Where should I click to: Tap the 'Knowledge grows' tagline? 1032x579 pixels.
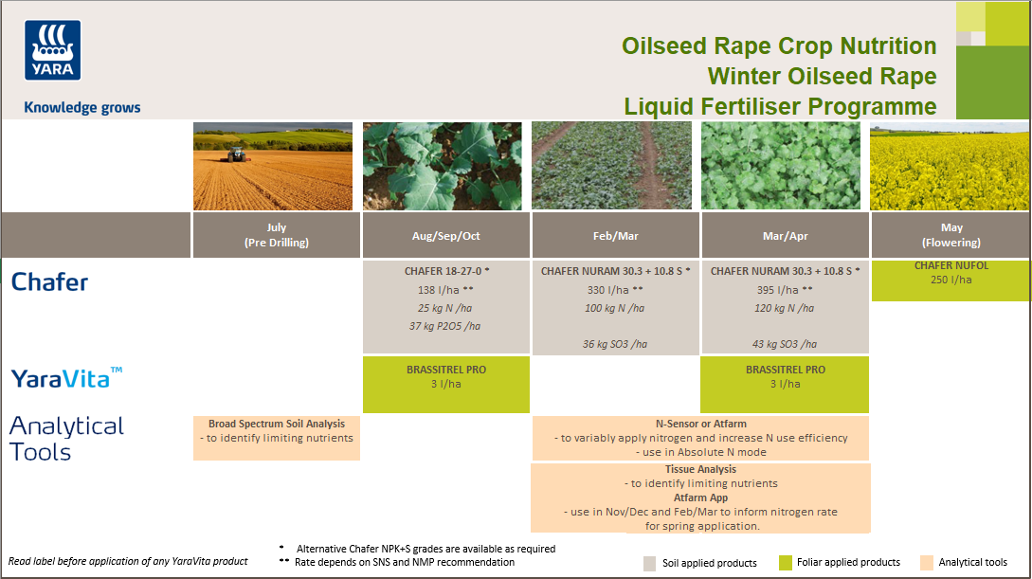point(81,108)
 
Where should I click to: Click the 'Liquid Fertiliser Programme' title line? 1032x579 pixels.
point(780,107)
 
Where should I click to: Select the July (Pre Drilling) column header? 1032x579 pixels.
point(277,235)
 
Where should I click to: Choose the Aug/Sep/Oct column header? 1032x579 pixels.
point(446,235)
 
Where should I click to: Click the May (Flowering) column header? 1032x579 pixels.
point(951,235)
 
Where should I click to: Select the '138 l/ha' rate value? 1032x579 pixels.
point(437,290)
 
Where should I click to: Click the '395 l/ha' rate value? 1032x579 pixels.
point(775,290)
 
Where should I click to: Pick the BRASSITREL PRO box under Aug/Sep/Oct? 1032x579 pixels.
point(445,384)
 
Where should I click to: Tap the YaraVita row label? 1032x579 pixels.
point(66,378)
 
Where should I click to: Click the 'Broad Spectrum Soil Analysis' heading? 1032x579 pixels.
point(277,424)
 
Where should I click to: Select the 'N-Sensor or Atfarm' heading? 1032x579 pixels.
point(700,424)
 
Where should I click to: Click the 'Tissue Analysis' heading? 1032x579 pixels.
point(700,469)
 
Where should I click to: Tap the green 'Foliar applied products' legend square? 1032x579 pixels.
point(785,563)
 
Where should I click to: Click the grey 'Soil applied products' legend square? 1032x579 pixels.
point(649,563)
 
